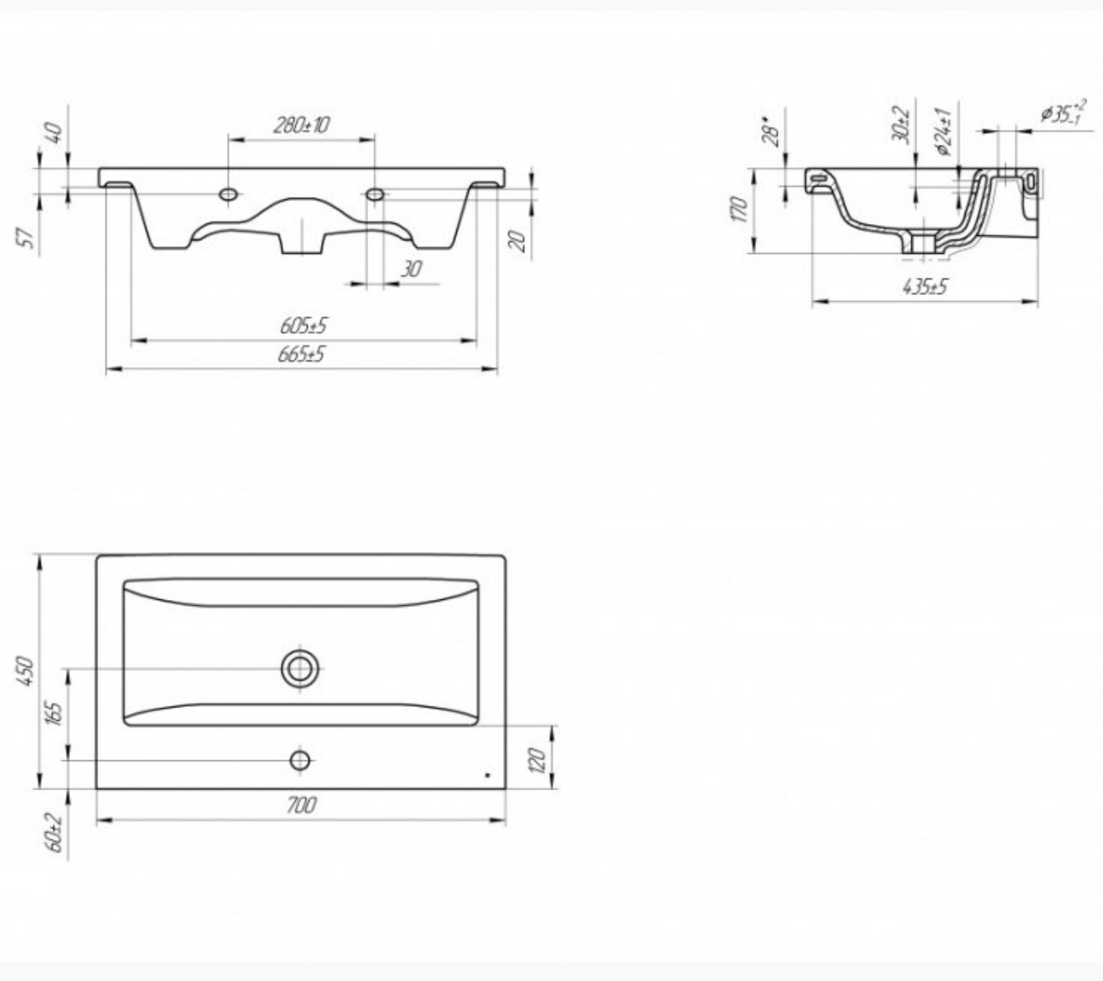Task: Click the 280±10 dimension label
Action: coord(301,125)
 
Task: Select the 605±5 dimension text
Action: coord(303,326)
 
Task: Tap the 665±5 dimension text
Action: coord(301,354)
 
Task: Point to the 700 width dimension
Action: coord(302,805)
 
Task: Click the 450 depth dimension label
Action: coord(26,671)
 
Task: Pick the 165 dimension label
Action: coord(55,713)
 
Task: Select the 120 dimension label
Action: coord(537,760)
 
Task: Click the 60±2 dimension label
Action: coord(55,833)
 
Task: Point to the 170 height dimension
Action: coord(739,209)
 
